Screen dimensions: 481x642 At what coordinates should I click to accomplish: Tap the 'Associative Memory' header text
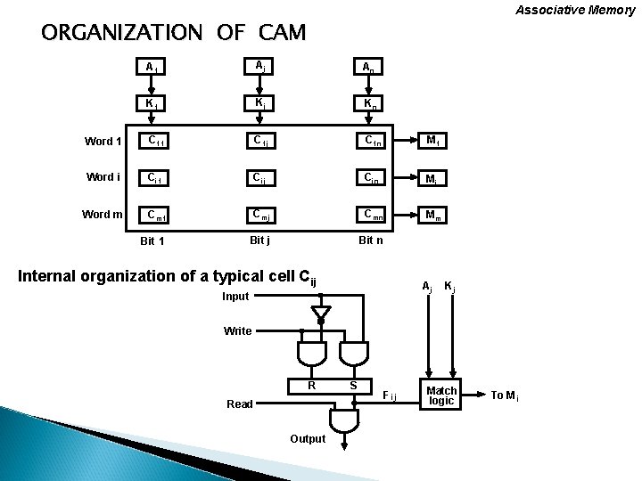click(575, 10)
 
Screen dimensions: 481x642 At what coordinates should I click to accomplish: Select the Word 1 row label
click(104, 141)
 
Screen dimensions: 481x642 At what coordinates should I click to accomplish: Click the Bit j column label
click(259, 240)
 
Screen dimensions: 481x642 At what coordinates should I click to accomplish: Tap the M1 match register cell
click(432, 141)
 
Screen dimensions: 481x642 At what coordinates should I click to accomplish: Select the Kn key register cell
click(368, 103)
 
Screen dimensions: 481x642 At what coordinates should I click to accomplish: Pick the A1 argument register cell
click(152, 68)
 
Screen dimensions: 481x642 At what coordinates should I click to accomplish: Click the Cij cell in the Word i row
click(260, 176)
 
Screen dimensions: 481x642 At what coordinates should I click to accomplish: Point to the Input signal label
click(235, 296)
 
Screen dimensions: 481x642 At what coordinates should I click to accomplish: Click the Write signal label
click(237, 331)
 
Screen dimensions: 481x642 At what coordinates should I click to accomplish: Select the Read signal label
click(239, 404)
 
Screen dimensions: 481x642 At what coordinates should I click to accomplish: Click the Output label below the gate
click(308, 438)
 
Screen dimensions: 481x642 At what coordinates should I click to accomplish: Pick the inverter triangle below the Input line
click(321, 313)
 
